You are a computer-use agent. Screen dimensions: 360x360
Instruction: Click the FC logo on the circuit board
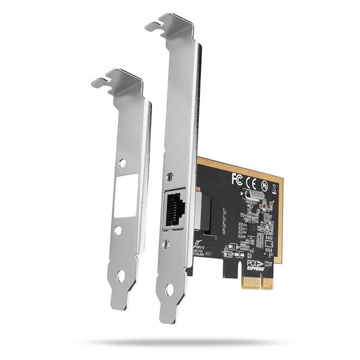(236, 179)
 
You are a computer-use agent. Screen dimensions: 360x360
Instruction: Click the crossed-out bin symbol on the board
(275, 188)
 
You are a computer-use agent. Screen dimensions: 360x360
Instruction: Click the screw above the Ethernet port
(169, 179)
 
